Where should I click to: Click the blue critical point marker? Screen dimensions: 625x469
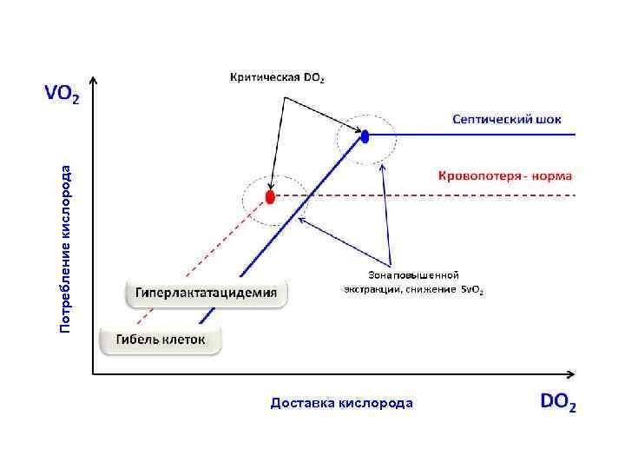click(365, 135)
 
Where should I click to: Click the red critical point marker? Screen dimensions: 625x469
click(270, 197)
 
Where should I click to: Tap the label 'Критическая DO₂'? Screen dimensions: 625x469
click(278, 77)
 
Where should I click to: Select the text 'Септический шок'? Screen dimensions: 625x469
click(512, 119)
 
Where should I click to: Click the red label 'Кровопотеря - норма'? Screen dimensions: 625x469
click(504, 175)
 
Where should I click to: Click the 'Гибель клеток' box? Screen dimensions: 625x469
click(161, 340)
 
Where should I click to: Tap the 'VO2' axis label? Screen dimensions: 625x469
click(62, 93)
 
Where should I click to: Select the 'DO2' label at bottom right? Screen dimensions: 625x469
click(558, 402)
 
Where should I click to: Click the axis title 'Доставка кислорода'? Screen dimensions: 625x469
click(342, 403)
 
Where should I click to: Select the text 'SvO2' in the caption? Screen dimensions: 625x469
click(472, 289)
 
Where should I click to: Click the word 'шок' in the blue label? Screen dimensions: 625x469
click(560, 119)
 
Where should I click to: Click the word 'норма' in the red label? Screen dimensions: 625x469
click(552, 175)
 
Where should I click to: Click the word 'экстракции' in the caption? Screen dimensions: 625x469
click(372, 289)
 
